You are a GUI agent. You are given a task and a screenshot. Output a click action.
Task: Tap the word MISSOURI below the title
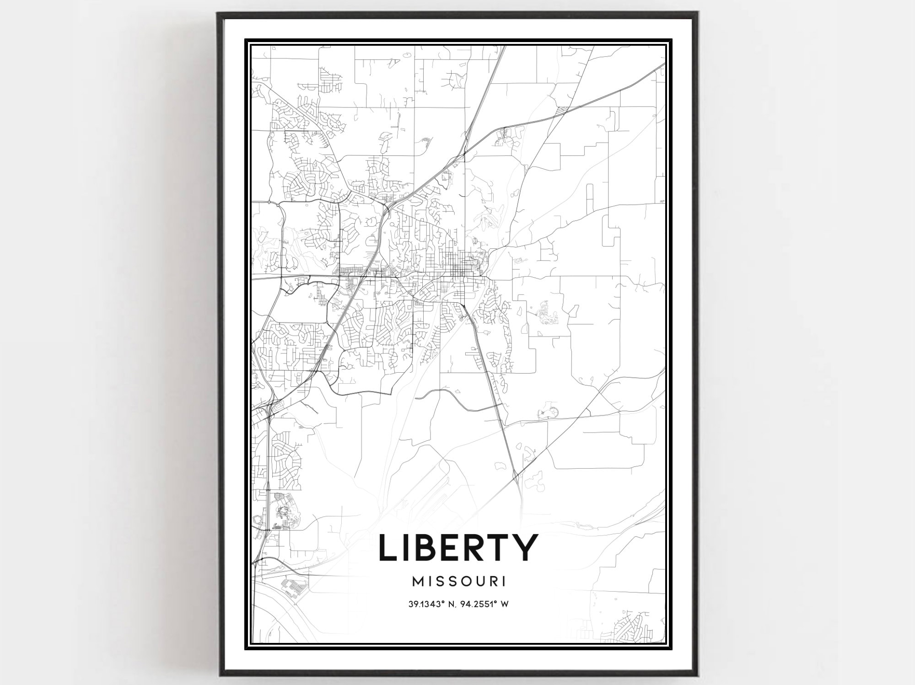(459, 582)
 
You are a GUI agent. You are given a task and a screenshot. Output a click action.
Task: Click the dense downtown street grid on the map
(460, 263)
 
